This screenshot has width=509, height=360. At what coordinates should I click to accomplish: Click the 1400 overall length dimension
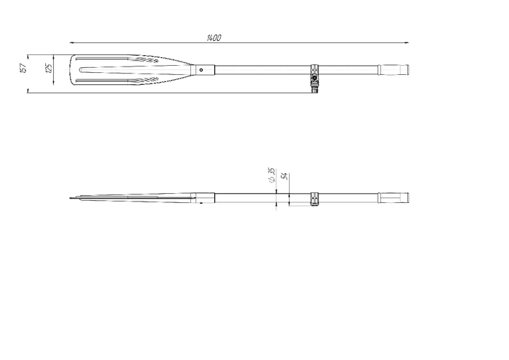[x=214, y=38]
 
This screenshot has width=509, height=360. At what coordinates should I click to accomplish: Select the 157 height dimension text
[x=23, y=68]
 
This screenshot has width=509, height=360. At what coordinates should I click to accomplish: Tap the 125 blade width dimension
[x=48, y=68]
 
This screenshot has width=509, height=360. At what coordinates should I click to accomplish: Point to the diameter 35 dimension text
[x=271, y=175]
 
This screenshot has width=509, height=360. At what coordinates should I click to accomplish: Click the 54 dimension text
[x=284, y=176]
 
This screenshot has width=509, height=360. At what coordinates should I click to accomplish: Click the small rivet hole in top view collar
[x=201, y=70]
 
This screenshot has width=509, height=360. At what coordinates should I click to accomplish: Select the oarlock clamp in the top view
[x=314, y=79]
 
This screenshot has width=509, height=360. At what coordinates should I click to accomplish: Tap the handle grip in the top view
[x=394, y=69]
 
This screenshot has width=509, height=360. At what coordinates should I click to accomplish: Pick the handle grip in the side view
[x=394, y=197]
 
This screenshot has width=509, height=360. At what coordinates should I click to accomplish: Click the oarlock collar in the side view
[x=314, y=199]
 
